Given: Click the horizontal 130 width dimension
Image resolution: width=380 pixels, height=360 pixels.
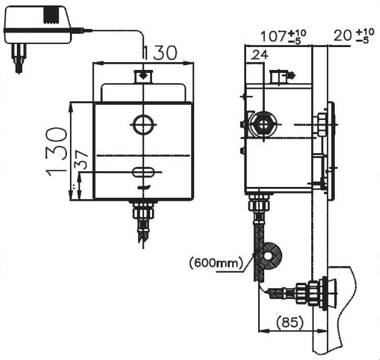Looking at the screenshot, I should pos(159,53).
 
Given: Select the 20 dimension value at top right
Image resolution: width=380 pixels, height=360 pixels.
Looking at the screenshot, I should pos(343,36).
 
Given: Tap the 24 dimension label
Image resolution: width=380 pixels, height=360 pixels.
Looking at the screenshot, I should pos(259,55).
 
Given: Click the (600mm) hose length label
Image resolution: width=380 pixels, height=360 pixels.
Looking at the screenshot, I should pos(215,262).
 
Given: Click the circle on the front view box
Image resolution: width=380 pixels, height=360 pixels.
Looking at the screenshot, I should pos(143,125).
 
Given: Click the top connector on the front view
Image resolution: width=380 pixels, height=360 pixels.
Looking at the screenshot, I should pos(143,77).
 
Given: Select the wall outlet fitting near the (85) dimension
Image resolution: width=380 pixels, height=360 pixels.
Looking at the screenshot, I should pos(314,294).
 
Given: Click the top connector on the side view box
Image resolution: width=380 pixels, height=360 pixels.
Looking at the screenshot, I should pos(279,77).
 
